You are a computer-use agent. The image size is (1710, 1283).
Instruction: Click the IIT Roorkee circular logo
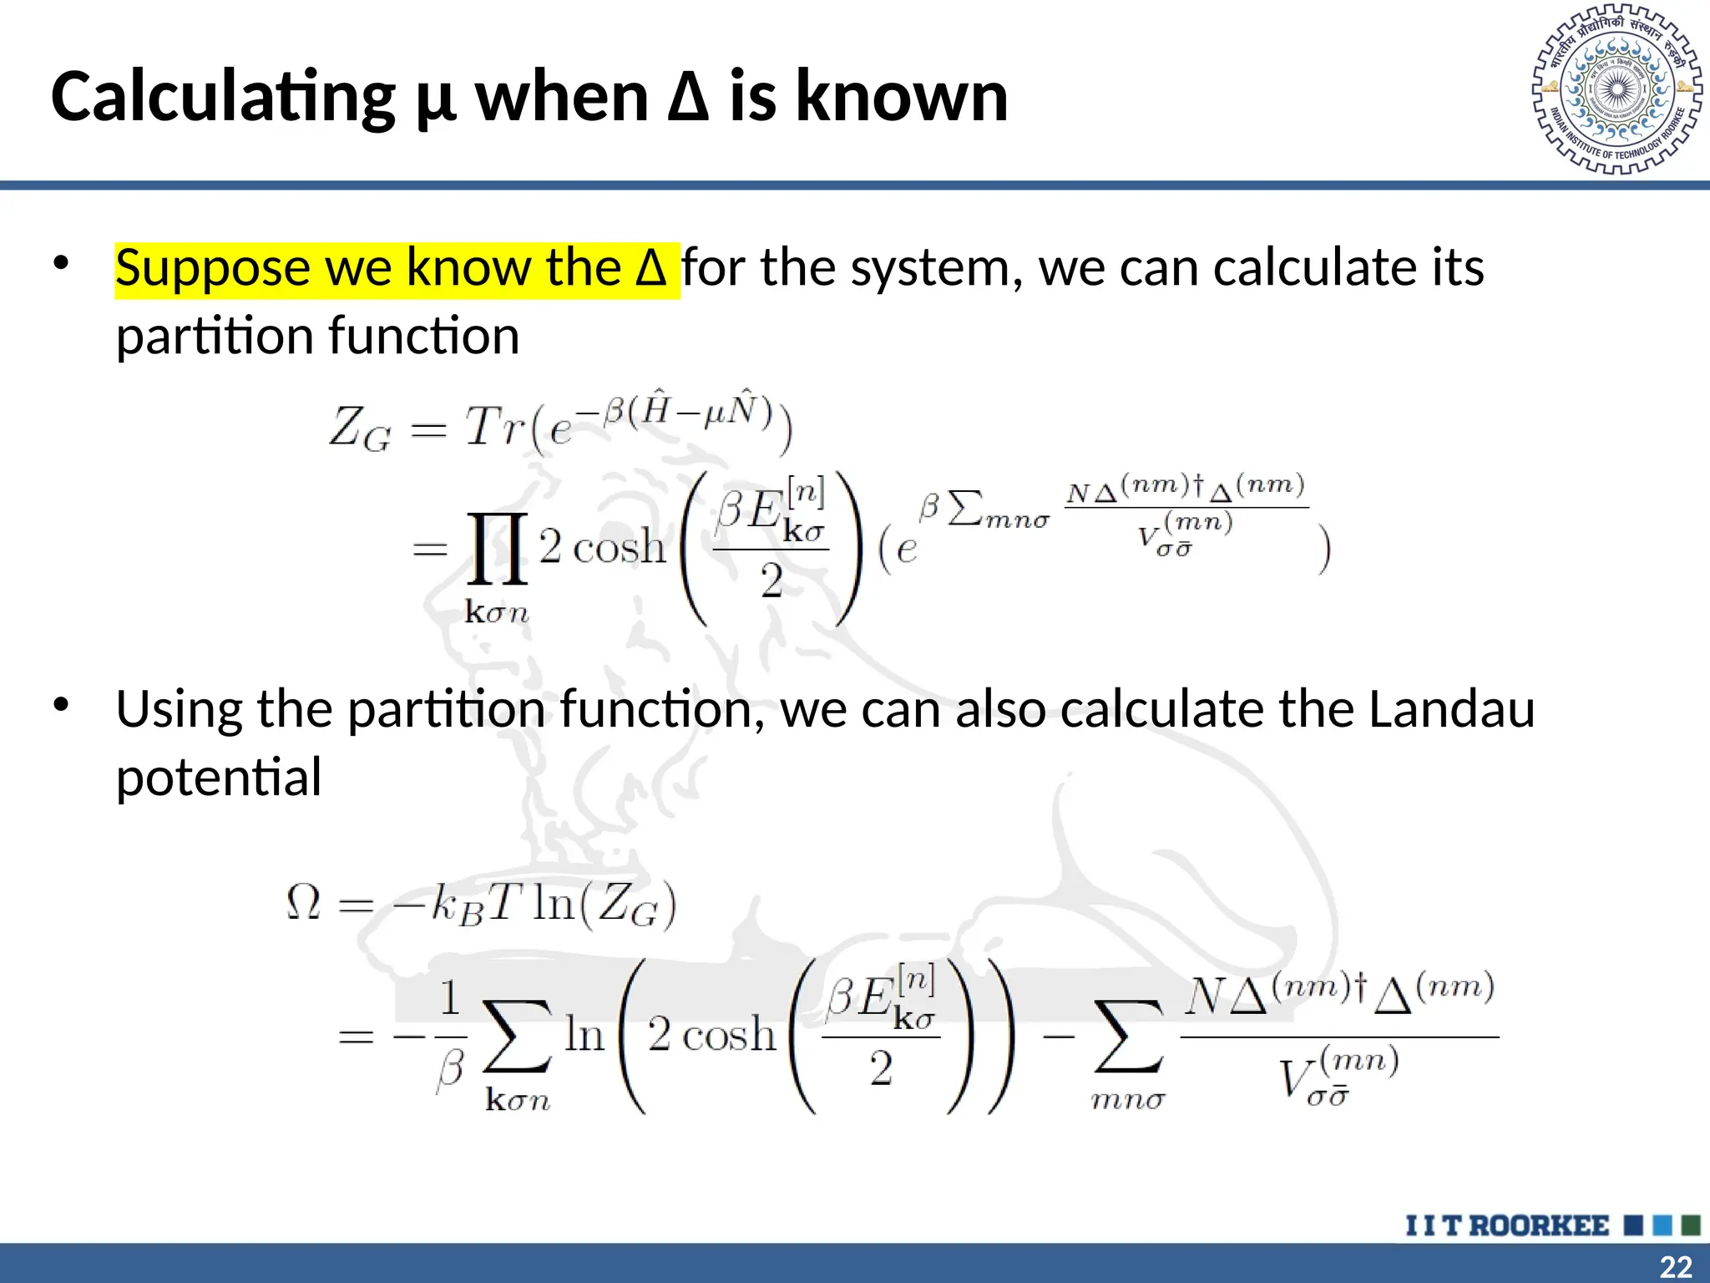(x=1617, y=89)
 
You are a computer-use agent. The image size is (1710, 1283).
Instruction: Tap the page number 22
(x=1676, y=1266)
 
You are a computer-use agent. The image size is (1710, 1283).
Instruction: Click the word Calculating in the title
(x=223, y=98)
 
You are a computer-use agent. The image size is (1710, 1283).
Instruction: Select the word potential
(x=218, y=778)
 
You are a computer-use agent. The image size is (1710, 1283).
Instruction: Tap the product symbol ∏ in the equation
(x=498, y=548)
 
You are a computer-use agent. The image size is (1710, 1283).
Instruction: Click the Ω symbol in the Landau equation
(x=303, y=903)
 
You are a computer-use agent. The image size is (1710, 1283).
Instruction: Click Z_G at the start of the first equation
(x=359, y=429)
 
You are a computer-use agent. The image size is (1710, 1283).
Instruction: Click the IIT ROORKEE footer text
(x=1507, y=1225)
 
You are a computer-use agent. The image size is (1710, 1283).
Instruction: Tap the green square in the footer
(x=1691, y=1225)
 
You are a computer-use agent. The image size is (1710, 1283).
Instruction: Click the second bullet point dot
(x=60, y=705)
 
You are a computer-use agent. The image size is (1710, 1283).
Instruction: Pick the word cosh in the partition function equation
(x=620, y=549)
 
